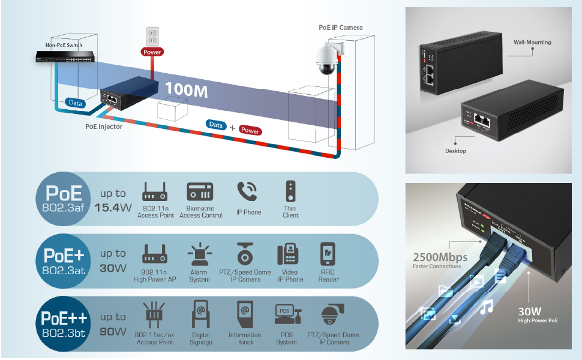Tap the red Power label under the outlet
coord(152,52)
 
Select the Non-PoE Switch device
coord(64,58)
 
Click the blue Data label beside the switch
coord(76,103)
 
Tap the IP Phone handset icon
coord(248,192)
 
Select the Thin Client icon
coord(290,191)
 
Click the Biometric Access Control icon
coord(200,192)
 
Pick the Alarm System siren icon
coord(199,255)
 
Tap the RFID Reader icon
coord(328,254)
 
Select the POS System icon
coord(286,316)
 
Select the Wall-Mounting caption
coord(532,43)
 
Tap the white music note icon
coord(487,307)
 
